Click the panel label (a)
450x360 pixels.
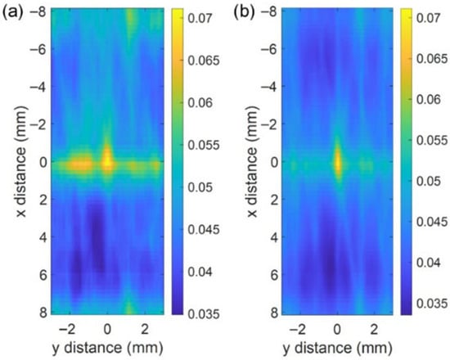pyautogui.click(x=13, y=13)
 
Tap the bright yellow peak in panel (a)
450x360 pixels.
pyautogui.click(x=107, y=160)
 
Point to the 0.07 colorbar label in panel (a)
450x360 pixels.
pyautogui.click(x=200, y=18)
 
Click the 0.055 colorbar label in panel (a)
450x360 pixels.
pyautogui.click(x=204, y=146)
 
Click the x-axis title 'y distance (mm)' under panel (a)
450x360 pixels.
pyautogui.click(x=108, y=348)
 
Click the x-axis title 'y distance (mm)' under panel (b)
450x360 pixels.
pyautogui.click(x=337, y=348)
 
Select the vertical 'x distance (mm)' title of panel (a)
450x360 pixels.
pyautogui.click(x=21, y=162)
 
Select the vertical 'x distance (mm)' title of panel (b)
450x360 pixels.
pyautogui.click(x=252, y=162)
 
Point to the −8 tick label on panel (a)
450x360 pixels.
pyautogui.click(x=38, y=12)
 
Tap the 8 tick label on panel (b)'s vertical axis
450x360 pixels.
pyautogui.click(x=275, y=313)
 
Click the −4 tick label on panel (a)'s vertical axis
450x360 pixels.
pyautogui.click(x=38, y=87)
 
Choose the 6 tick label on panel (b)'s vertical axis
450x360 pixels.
pyautogui.click(x=275, y=275)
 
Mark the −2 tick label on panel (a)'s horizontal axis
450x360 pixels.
pyautogui.click(x=66, y=329)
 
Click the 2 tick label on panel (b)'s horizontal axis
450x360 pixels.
pyautogui.click(x=374, y=329)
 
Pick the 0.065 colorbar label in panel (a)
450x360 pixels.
pyautogui.click(x=204, y=61)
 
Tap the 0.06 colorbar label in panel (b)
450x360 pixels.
pyautogui.click(x=428, y=100)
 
